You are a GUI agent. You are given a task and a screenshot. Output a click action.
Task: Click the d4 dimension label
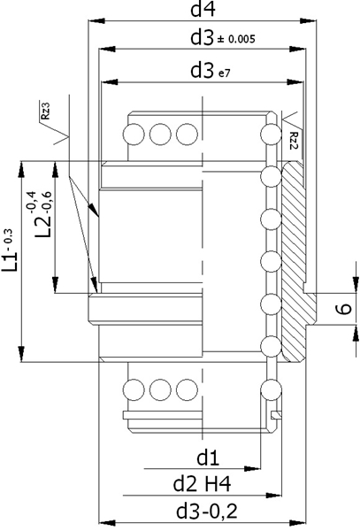coord(203,10)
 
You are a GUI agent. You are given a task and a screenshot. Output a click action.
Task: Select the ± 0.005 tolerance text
coord(236,39)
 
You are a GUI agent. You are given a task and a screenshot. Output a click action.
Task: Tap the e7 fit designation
coord(224,73)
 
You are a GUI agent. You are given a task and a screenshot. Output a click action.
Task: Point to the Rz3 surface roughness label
coord(45,111)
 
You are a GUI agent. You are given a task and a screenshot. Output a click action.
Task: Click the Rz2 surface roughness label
coord(294,141)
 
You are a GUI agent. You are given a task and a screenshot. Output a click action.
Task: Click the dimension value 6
coord(344,309)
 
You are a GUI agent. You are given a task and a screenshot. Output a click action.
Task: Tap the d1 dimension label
coord(208,458)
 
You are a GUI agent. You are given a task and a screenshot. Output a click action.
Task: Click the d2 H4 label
coord(202,484)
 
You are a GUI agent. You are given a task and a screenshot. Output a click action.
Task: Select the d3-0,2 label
coord(207,511)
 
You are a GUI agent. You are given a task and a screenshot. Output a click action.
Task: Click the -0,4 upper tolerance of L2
coord(32,202)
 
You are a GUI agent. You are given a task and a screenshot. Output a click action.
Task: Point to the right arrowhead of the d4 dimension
coord(308,21)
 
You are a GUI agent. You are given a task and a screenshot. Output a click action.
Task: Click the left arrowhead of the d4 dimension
coord(96,21)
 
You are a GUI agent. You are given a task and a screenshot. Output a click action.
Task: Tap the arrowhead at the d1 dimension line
coord(252,469)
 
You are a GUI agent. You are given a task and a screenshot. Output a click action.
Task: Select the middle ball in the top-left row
coord(160,135)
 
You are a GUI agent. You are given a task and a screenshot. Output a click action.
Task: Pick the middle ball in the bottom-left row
coord(160,389)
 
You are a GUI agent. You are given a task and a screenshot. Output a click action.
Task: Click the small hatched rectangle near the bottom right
coord(277,414)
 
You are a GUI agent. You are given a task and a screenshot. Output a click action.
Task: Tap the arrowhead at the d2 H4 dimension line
coord(273,496)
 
